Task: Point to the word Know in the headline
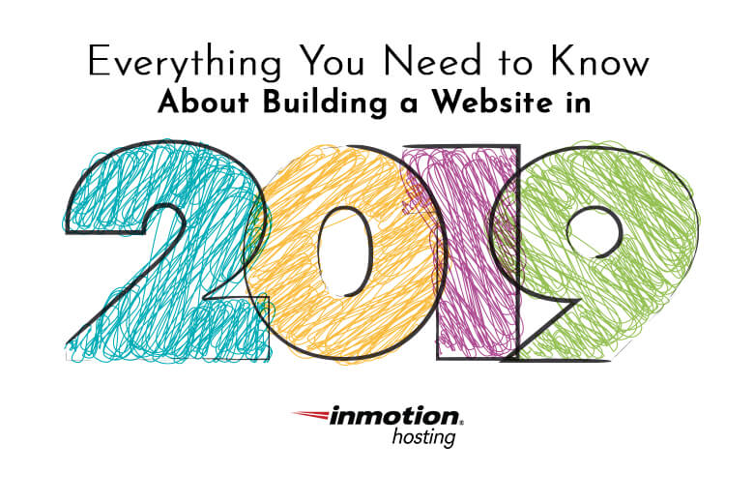599,61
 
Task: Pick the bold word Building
325,103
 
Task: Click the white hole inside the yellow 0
346,251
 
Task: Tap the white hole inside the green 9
594,232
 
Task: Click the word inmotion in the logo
393,416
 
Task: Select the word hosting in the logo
423,437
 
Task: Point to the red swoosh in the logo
311,414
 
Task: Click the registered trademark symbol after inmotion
462,424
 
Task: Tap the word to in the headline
515,63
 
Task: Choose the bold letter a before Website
408,104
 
